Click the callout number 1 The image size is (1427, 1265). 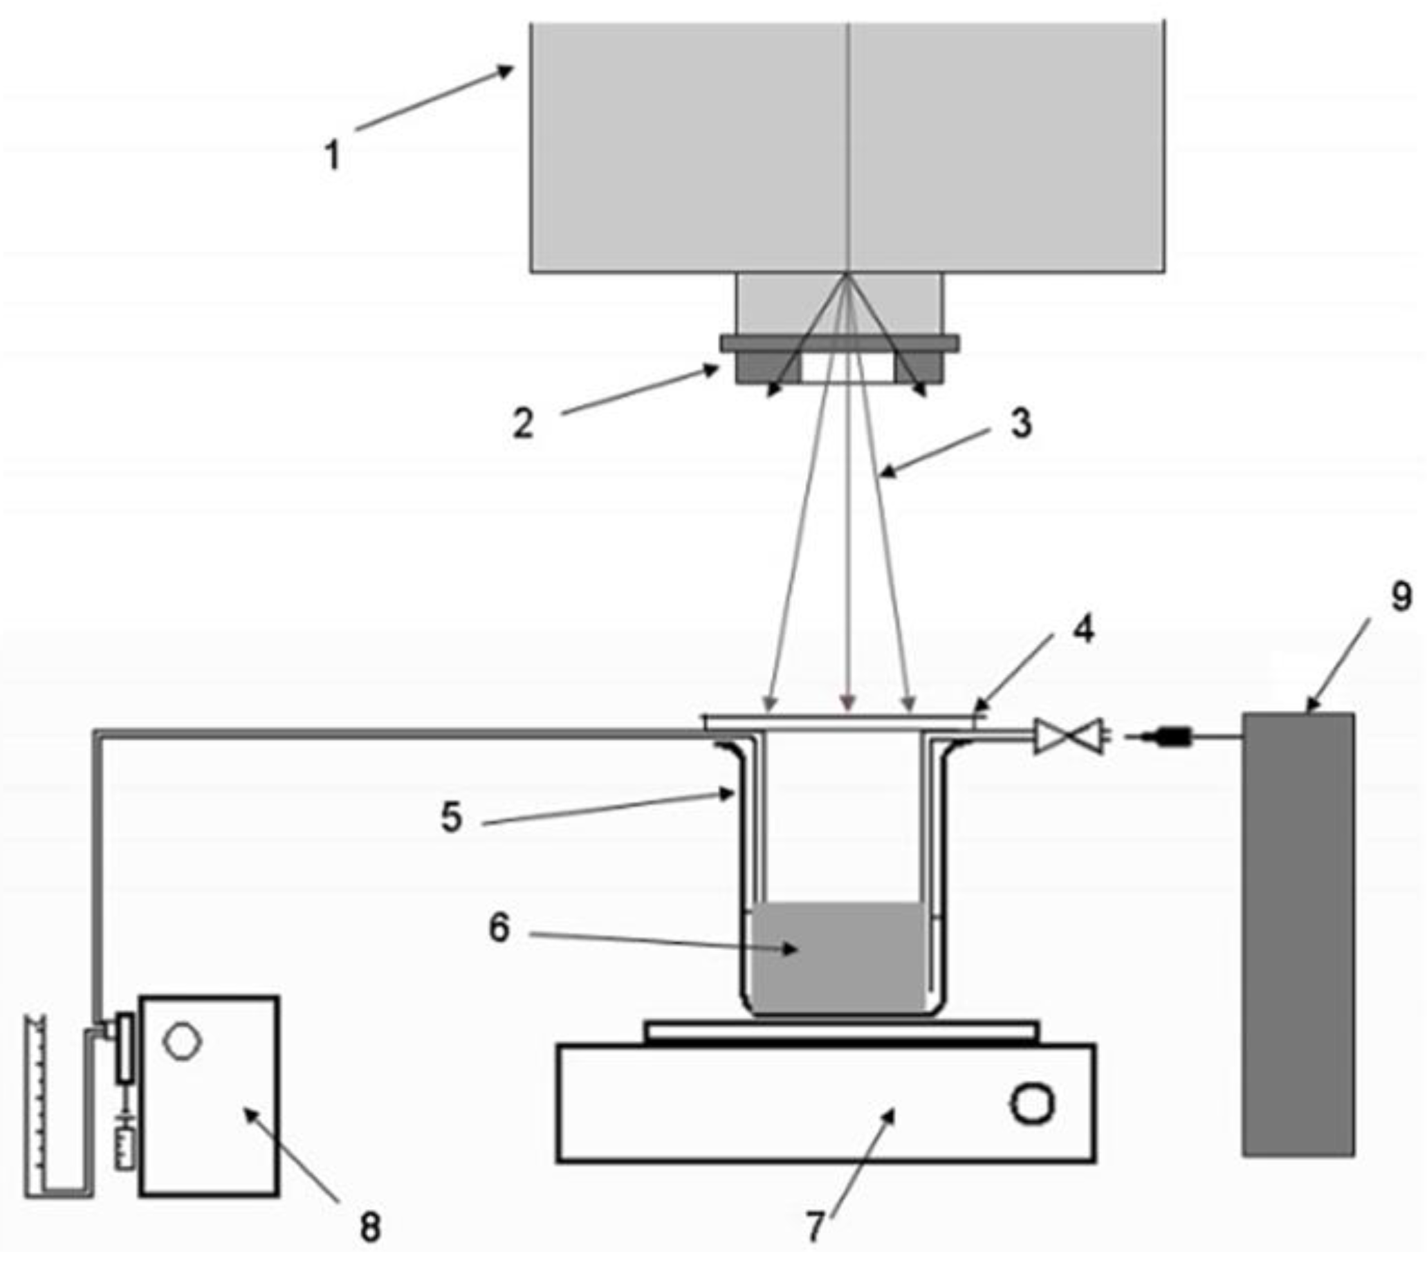click(x=333, y=155)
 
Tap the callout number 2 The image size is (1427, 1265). click(x=523, y=423)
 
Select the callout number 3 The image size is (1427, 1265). click(x=1022, y=423)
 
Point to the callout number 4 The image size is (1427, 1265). click(x=1083, y=629)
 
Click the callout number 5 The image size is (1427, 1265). click(x=452, y=816)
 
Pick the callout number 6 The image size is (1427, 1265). click(x=499, y=927)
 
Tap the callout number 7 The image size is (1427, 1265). click(x=815, y=1225)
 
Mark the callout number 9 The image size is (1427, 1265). click(x=1401, y=597)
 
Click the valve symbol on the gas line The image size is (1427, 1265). click(x=1069, y=737)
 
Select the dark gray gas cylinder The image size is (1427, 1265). click(x=1298, y=936)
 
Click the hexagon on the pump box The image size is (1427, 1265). click(x=182, y=1042)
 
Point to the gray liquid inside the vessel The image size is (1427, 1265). click(x=838, y=957)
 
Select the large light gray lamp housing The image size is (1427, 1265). click(x=847, y=147)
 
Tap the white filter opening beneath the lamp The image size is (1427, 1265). click(x=847, y=368)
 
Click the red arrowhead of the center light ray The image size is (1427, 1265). click(x=847, y=703)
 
